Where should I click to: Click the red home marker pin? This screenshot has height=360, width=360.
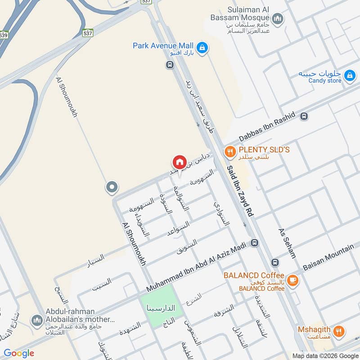(179, 162)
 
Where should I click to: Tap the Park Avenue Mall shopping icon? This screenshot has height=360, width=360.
(202, 46)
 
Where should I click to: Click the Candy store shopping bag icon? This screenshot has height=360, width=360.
(349, 77)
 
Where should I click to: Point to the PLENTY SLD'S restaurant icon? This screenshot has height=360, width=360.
(230, 152)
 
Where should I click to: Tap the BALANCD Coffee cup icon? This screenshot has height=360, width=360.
(292, 280)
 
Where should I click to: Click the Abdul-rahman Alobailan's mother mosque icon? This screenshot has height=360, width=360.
(36, 320)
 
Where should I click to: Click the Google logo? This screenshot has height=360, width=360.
(19, 353)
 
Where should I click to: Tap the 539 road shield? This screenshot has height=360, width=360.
(4, 35)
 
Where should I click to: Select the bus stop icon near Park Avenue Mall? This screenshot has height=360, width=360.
(170, 65)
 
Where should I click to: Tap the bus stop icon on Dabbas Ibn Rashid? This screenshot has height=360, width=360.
(305, 116)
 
